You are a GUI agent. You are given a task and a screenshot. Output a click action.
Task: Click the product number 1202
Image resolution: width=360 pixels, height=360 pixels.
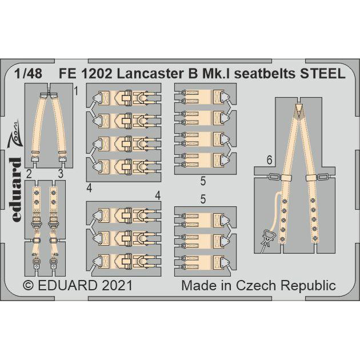coord(108,74)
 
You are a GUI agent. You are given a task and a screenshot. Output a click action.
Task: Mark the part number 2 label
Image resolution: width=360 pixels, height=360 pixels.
coord(27,174)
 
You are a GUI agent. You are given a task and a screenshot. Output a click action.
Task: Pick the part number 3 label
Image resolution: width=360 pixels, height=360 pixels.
coord(59,174)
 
